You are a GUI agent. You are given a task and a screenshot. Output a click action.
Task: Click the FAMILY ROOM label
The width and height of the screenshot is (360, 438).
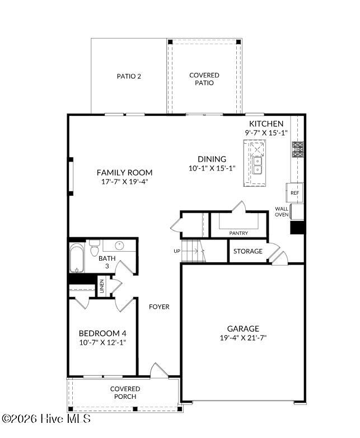pyautogui.click(x=125, y=172)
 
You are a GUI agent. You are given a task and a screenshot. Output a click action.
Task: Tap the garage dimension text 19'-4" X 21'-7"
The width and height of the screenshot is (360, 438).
pyautogui.click(x=243, y=338)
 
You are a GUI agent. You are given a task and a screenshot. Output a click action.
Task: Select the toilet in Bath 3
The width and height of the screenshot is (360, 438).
pyautogui.click(x=95, y=248)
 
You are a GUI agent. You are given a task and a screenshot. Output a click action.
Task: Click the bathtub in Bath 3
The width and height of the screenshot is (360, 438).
pyautogui.click(x=77, y=258)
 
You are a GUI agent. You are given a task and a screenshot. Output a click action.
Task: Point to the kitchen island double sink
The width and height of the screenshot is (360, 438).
pyautogui.click(x=257, y=165)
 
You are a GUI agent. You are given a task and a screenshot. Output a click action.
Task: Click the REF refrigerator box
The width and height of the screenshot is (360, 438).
pyautogui.click(x=294, y=192)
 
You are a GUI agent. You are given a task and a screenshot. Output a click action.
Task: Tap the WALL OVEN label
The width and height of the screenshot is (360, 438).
pyautogui.click(x=282, y=212)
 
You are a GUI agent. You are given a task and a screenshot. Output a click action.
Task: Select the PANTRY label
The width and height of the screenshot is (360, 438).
pyautogui.click(x=239, y=233)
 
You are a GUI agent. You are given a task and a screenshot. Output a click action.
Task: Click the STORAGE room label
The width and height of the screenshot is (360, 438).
pyautogui.click(x=248, y=251)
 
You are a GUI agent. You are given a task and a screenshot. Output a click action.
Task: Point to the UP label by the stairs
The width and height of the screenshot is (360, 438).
pyautogui.click(x=177, y=251)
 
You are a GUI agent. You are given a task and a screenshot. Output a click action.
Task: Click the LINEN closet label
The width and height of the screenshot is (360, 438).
pyautogui.click(x=102, y=286)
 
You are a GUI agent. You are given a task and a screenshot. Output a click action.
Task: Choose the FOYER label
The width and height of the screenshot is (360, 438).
pyautogui.click(x=159, y=307)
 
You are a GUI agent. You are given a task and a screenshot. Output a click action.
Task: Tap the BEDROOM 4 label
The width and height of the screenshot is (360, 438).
pyautogui.click(x=102, y=333)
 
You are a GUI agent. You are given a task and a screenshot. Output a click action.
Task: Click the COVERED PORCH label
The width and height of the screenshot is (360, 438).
pyautogui.click(x=125, y=393)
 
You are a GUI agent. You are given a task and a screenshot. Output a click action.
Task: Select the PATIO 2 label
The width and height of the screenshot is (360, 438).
pyautogui.click(x=129, y=76)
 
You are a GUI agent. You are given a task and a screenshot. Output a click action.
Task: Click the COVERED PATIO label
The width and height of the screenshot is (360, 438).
pyautogui.click(x=204, y=79)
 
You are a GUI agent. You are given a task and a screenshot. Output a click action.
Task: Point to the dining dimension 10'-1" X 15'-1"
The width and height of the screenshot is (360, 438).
pyautogui.click(x=212, y=168)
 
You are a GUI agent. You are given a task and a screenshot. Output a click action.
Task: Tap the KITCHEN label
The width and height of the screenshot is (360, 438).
pyautogui.click(x=266, y=124)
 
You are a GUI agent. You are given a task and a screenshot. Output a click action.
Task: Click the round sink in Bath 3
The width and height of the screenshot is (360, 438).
pyautogui.click(x=119, y=246)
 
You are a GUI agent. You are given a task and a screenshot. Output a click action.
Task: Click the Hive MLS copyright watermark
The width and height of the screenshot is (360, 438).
pyautogui.click(x=46, y=419)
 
